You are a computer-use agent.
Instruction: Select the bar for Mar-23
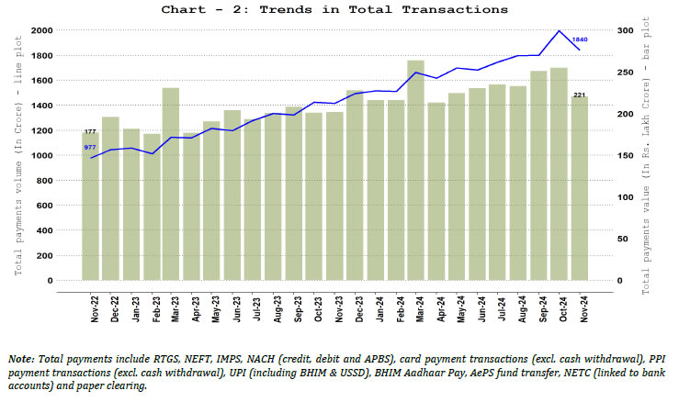171,184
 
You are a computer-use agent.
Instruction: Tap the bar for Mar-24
415,170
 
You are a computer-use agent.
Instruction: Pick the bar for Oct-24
559,174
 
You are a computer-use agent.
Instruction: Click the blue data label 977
90,147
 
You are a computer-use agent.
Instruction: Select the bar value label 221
580,95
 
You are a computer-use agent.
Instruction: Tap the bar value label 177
90,132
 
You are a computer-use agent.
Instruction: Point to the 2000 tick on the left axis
42,30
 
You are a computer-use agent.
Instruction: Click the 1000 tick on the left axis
42,155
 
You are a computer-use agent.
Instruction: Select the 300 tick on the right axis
625,30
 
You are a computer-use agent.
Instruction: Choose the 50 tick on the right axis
625,239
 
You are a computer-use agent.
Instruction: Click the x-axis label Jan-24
375,307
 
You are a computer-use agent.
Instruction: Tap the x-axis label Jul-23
253,307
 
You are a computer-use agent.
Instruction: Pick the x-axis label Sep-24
538,307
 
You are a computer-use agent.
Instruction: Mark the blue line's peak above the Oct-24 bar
559,30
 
